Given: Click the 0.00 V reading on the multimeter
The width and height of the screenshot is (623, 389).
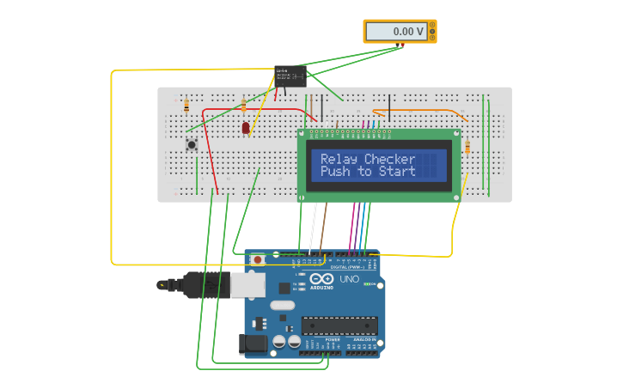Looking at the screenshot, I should [408, 32].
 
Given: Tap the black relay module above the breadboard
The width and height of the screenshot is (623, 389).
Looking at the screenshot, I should [290, 76].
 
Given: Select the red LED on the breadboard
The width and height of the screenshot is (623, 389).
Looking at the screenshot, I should [246, 128].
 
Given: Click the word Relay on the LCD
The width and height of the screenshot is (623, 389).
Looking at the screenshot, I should [340, 160].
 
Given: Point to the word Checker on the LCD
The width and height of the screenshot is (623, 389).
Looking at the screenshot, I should [389, 160].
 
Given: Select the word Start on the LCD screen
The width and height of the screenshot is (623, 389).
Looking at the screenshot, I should [395, 172].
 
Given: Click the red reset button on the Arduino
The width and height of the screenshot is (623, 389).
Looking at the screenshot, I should [256, 258].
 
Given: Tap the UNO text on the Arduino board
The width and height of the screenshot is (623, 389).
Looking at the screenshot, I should [349, 279].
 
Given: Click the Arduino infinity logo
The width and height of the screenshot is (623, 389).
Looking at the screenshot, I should [321, 279].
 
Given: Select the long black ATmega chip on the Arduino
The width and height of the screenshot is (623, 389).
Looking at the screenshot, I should [339, 325].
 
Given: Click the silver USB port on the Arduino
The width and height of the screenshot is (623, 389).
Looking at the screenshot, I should [247, 285].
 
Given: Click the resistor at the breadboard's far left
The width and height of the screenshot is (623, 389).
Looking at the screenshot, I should [186, 106].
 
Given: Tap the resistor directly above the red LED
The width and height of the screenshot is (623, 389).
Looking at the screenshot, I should [243, 106].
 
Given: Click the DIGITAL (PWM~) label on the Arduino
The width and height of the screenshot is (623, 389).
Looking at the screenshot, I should [344, 267].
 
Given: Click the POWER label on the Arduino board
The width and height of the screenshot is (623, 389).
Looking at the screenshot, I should [332, 340].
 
